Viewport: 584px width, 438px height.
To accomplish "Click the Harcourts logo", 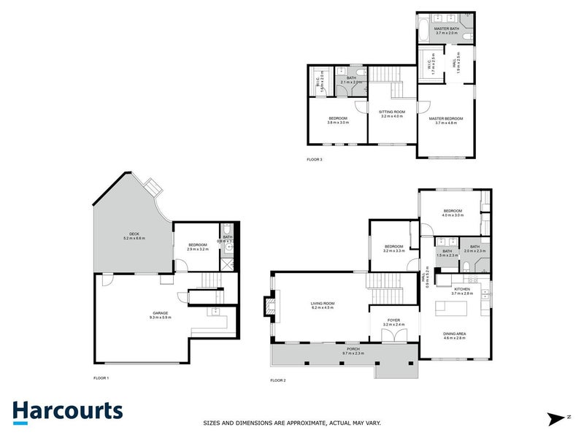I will tap(67, 411).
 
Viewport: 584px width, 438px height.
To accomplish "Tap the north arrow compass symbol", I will tap(557, 418).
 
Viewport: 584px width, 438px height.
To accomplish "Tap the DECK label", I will tap(133, 234).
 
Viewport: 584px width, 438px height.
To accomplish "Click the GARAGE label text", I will tap(160, 312).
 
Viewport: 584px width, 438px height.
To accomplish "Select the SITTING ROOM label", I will tap(392, 112).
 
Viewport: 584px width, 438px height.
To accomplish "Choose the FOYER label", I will tap(393, 318).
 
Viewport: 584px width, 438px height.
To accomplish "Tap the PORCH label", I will tap(353, 350).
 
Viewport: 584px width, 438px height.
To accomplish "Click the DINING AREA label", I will tap(454, 334).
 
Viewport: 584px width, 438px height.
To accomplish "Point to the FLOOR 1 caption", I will tap(101, 377).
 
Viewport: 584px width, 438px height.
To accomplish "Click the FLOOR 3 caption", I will tap(315, 158).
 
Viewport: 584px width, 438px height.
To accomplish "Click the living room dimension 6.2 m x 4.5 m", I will tap(322, 308).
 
